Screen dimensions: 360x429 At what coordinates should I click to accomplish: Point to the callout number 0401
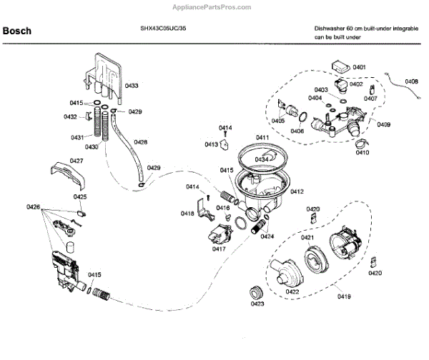coord(358,66)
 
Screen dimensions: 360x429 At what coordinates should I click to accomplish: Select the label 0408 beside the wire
coord(411,81)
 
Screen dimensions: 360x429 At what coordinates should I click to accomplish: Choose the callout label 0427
coord(77,161)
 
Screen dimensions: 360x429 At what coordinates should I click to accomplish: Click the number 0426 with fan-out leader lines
coord(33,207)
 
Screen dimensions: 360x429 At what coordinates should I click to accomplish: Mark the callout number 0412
coord(297,191)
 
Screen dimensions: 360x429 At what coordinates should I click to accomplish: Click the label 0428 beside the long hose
coord(140,142)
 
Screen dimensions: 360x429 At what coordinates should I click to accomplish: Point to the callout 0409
coord(384,125)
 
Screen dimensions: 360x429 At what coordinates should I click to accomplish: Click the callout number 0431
coord(77,137)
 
